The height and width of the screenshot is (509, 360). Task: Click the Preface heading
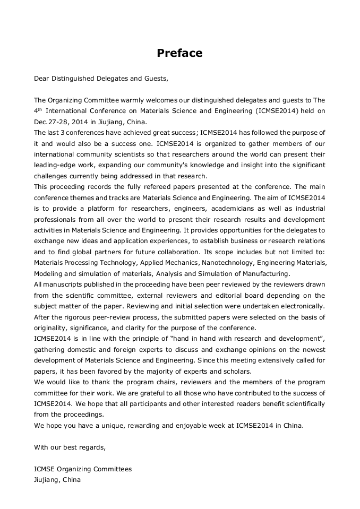pos(179,53)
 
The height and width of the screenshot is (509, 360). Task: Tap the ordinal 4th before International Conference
pos(37,110)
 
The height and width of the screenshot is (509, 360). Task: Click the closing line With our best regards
pos(70,447)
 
